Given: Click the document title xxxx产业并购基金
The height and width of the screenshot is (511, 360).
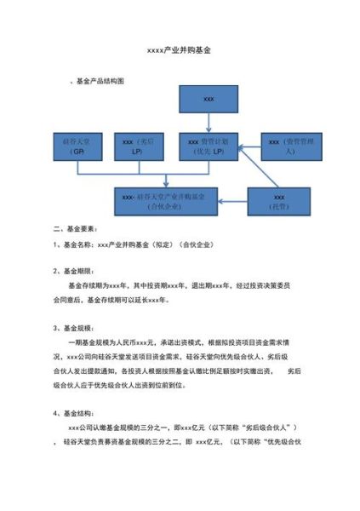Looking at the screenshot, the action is pos(179,51).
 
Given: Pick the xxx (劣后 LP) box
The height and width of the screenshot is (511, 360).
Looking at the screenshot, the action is pos(140,145).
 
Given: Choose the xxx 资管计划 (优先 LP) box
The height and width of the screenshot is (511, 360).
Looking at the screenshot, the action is pos(209,145).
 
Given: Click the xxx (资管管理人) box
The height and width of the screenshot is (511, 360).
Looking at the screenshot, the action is pos(291,145).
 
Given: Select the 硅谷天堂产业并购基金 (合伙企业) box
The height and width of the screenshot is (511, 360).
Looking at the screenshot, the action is pos(169,200).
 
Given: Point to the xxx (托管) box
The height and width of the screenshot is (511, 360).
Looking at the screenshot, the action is pos(279,201).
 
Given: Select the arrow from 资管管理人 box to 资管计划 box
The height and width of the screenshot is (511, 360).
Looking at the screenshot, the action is pos(250,146).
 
